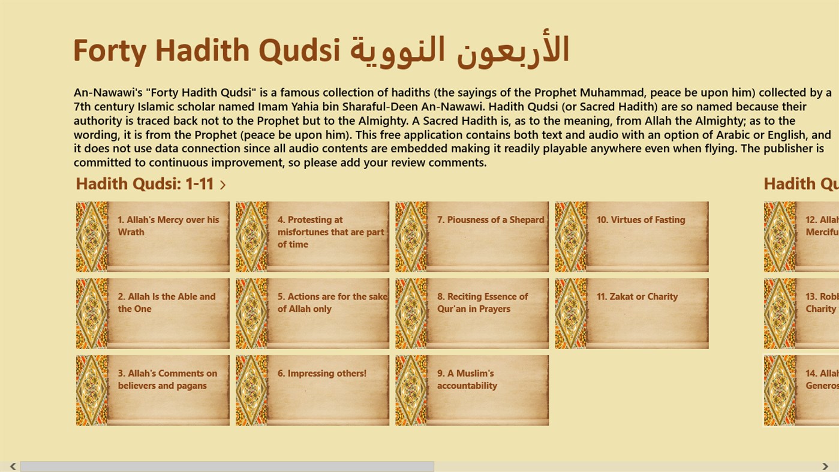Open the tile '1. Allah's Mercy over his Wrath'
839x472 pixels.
point(153,237)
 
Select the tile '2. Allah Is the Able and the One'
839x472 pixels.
point(153,313)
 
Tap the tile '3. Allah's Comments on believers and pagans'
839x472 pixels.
point(153,390)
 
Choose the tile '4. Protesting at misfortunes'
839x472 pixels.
point(312,237)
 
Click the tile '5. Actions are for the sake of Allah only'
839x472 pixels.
point(312,313)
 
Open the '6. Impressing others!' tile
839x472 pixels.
point(312,390)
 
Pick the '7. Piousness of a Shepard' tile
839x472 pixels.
point(472,237)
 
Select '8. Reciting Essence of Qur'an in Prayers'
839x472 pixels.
point(472,313)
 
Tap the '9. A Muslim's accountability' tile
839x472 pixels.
point(472,390)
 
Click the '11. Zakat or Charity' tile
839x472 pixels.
point(631,313)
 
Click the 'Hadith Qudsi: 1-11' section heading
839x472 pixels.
point(145,184)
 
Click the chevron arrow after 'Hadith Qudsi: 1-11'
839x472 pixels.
point(223,185)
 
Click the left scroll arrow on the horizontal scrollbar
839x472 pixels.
point(13,467)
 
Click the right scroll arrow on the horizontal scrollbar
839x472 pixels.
point(825,467)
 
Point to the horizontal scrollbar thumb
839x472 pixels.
point(227,467)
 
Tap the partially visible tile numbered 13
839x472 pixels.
point(801,313)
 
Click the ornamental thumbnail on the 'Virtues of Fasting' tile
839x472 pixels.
point(572,237)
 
